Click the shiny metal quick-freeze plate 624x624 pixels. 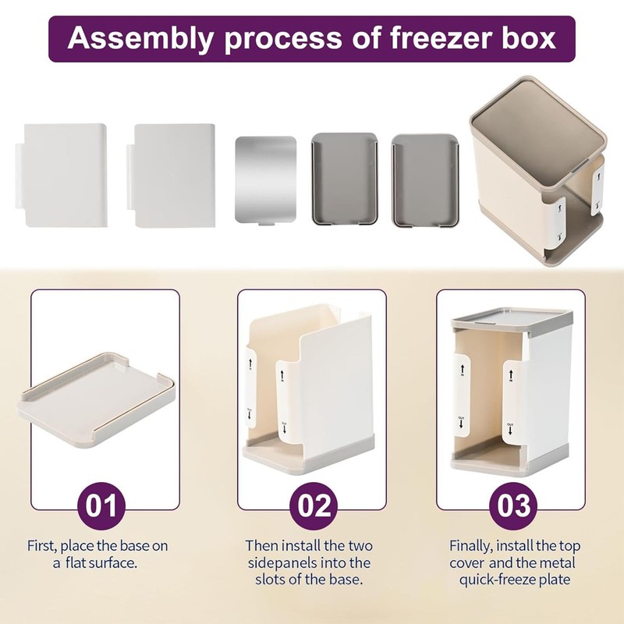coord(265,180)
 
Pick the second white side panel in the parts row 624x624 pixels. coord(173,175)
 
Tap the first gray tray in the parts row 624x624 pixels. coord(344,179)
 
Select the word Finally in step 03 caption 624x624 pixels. coord(472,546)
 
